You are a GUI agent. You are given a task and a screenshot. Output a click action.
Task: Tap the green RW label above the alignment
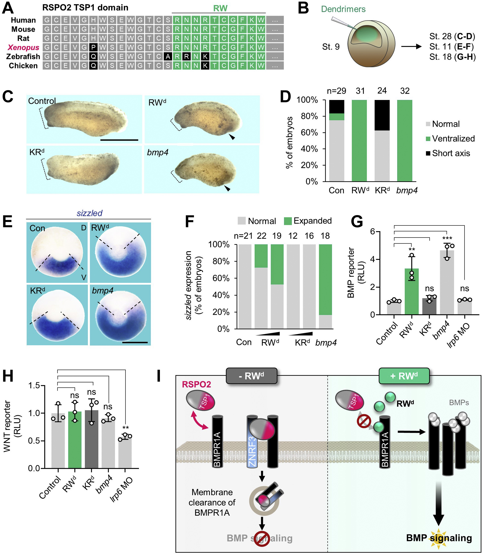[x=220, y=8]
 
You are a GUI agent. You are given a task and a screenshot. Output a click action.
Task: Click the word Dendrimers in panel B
[x=343, y=9]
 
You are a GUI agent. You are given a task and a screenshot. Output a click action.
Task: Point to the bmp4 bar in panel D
[x=405, y=140]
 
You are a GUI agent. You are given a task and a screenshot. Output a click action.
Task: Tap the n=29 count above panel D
[x=336, y=91]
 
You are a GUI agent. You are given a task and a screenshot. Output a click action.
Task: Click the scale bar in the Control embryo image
[x=119, y=140]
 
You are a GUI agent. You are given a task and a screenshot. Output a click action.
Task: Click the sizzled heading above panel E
[x=89, y=213]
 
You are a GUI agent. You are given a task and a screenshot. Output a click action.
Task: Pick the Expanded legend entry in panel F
[x=308, y=221]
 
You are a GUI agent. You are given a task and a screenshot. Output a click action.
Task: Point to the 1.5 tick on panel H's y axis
[x=34, y=386]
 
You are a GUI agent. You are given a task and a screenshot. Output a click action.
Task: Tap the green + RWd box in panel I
[x=404, y=376]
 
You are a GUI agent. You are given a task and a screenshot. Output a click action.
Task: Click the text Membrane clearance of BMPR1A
[x=212, y=503]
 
